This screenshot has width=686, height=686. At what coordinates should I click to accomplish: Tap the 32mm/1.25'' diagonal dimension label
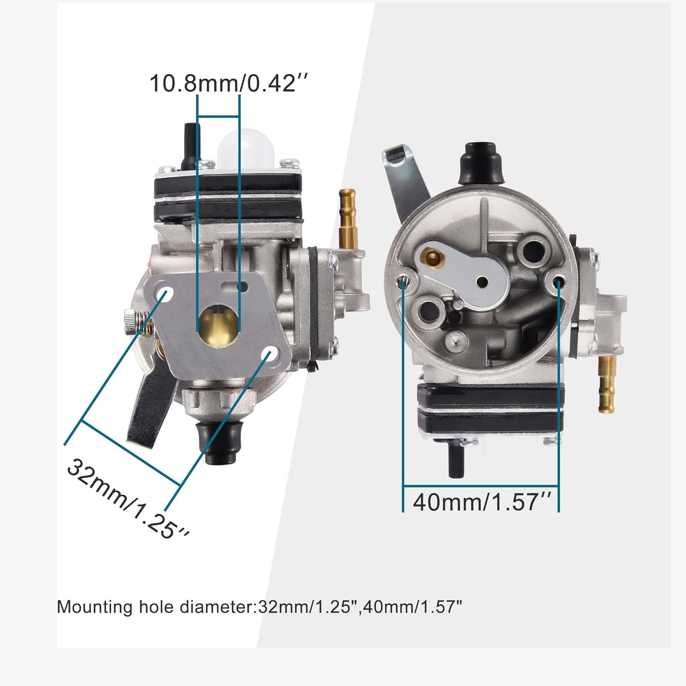[x=128, y=499]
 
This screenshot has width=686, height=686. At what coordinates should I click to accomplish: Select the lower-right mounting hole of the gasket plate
[x=272, y=355]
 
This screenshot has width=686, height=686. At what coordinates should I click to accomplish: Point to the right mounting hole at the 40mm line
[x=558, y=282]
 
